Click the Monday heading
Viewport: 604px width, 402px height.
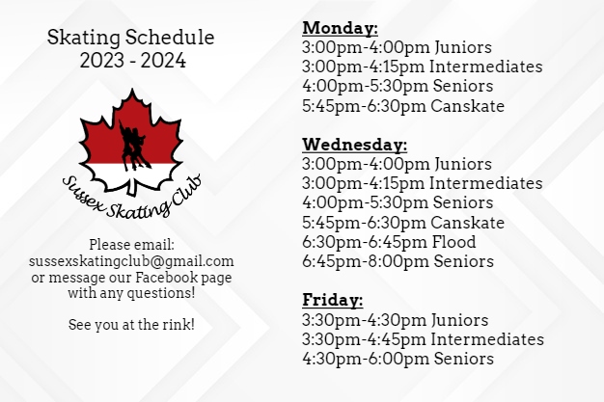tap(341, 28)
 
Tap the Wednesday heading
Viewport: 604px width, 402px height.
tap(355, 145)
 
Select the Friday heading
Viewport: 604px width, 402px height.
tap(333, 300)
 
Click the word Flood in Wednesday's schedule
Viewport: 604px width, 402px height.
tap(453, 242)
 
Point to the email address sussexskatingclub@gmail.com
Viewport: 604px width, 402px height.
tap(131, 261)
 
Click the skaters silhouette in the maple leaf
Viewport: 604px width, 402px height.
tap(133, 146)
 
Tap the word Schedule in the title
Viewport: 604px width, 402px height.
tap(170, 38)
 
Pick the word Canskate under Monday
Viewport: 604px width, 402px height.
tap(467, 106)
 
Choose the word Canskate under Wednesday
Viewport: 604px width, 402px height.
tap(467, 223)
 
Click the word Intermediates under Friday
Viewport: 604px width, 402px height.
tap(487, 339)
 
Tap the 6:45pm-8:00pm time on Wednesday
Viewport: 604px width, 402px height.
tap(365, 261)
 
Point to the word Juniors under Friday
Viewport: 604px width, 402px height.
tap(459, 320)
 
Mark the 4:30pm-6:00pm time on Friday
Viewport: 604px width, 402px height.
tap(365, 359)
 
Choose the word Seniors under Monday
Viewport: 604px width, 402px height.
tap(462, 86)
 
